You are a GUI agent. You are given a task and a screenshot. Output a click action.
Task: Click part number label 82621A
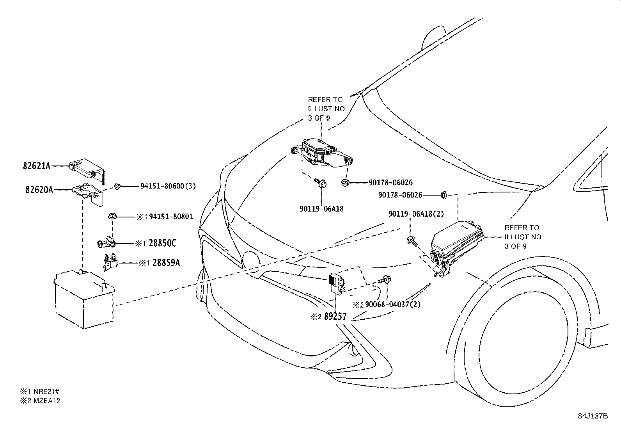tap(37, 166)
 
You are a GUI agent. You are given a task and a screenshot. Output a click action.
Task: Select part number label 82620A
tap(39, 190)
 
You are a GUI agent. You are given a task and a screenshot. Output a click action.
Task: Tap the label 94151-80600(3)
tap(168, 186)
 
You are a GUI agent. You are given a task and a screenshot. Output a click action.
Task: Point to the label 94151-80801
tap(171, 216)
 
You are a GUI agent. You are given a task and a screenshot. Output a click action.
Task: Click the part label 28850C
tap(162, 243)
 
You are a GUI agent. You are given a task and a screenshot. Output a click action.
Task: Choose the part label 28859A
tap(166, 262)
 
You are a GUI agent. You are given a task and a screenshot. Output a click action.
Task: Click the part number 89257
tap(335, 316)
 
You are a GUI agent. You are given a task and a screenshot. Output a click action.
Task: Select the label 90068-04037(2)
tap(393, 304)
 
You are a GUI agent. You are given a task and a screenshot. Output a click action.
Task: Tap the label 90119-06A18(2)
tap(416, 214)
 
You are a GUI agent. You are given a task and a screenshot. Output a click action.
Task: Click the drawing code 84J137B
tap(593, 416)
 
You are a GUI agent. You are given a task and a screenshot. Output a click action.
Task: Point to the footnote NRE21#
tap(46, 392)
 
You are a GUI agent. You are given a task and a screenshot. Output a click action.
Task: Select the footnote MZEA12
tap(47, 401)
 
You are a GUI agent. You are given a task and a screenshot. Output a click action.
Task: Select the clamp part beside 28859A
tap(110, 262)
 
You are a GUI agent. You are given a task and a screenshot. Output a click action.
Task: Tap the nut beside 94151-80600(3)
tap(117, 186)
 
